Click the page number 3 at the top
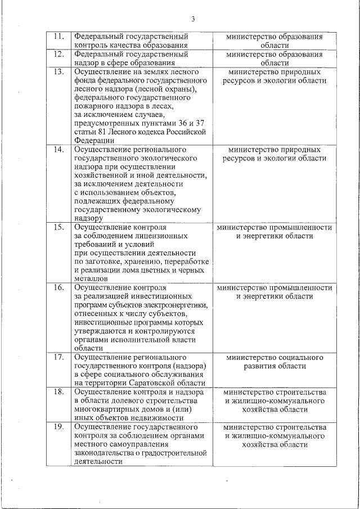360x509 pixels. [193, 19]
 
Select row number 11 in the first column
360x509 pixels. [57, 37]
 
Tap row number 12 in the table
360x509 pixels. [57, 55]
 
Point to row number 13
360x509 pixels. [57, 73]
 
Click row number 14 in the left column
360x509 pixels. [57, 150]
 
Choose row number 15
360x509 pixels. [57, 227]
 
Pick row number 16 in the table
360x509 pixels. [57, 287]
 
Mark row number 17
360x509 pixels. [57, 357]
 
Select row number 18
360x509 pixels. [57, 392]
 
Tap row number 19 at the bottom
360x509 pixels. [57, 427]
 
